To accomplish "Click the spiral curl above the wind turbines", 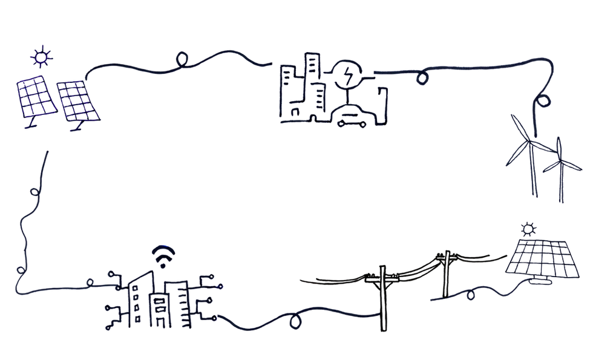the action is tap(545, 102).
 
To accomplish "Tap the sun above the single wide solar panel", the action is tap(530, 227).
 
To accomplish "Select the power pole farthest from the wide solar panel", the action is tap(382, 290).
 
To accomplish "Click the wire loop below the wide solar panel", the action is tap(471, 296).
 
